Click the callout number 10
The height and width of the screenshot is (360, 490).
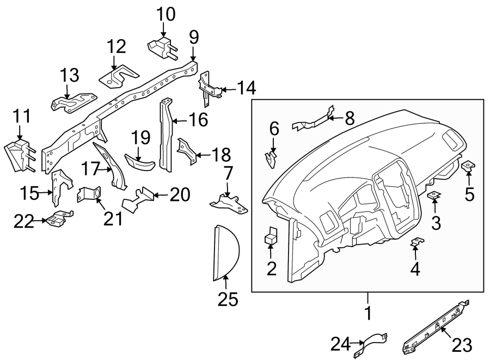tap(166, 14)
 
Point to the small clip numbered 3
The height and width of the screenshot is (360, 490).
tap(434, 195)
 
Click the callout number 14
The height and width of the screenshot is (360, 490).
tap(246, 88)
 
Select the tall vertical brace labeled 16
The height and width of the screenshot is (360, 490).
tap(166, 133)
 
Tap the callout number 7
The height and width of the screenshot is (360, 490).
tap(228, 174)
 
